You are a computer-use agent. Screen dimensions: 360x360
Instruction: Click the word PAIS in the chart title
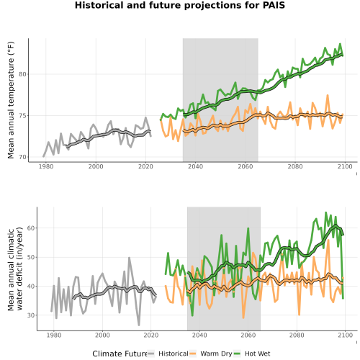point(274,5)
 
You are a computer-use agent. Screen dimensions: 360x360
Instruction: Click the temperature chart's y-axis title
point(11,100)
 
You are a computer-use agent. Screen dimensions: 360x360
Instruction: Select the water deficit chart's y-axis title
point(15,269)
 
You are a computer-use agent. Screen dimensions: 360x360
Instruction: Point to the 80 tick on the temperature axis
point(22,74)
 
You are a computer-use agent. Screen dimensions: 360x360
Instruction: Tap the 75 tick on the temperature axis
point(22,116)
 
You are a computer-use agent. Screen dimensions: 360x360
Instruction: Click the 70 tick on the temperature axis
point(22,157)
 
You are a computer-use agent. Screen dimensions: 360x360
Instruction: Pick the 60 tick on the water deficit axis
point(31,228)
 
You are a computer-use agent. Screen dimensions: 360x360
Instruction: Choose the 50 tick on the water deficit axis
point(31,257)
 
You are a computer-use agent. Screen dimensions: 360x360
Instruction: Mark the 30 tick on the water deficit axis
point(31,315)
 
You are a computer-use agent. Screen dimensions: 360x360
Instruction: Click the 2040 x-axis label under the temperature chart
point(195,166)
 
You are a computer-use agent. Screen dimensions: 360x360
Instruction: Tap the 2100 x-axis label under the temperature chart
point(345,166)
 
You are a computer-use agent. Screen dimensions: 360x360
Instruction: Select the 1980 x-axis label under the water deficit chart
point(54,336)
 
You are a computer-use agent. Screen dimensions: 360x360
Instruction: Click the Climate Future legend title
point(120,354)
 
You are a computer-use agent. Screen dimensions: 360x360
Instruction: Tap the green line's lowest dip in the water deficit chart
point(192,315)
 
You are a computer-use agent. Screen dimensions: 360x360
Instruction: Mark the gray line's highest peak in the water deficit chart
point(129,258)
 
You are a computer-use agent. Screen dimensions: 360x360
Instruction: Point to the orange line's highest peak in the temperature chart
point(328,96)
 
